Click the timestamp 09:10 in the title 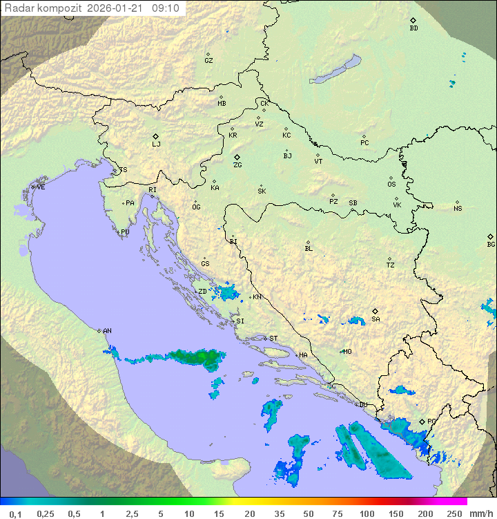[x=165, y=8]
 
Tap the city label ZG [x=237, y=165]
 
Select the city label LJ [x=156, y=144]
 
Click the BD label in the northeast [x=413, y=28]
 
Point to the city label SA [x=376, y=319]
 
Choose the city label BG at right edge [x=491, y=245]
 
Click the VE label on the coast [x=41, y=187]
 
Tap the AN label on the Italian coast [x=107, y=331]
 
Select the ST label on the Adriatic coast [x=273, y=339]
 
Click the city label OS [x=391, y=185]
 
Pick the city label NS [x=458, y=209]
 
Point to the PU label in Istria [x=125, y=232]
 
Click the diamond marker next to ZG [x=237, y=157]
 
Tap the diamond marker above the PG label [x=422, y=422]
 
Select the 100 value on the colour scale [x=367, y=513]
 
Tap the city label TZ [x=391, y=265]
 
